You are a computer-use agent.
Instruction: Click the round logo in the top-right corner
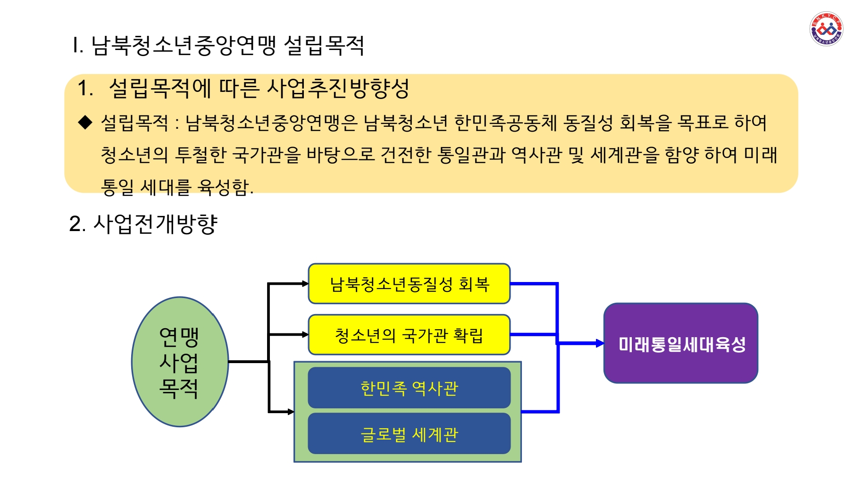(x=826, y=29)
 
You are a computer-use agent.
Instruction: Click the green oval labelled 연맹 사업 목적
(x=180, y=362)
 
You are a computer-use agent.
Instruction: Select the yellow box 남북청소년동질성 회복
(x=409, y=284)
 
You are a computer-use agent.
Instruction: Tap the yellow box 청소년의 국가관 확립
(x=409, y=335)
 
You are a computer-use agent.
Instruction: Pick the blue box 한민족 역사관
(x=409, y=388)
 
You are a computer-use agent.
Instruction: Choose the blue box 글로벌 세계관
(x=409, y=434)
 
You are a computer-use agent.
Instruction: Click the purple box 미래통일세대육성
(x=681, y=343)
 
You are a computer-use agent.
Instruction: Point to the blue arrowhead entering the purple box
(x=600, y=343)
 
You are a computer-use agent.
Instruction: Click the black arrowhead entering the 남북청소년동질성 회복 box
(x=305, y=284)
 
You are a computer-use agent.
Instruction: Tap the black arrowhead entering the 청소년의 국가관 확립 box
(x=305, y=334)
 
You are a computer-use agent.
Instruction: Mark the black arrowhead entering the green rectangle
(x=291, y=412)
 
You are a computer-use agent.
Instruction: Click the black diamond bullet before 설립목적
(x=85, y=123)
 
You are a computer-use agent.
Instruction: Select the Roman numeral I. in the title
(x=78, y=46)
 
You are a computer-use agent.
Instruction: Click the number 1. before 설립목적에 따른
(x=85, y=88)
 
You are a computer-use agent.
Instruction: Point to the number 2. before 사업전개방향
(x=77, y=224)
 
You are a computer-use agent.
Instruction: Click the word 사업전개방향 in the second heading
(x=155, y=224)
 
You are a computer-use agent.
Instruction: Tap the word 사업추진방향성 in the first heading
(x=338, y=88)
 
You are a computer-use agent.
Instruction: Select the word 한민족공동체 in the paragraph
(x=505, y=123)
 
